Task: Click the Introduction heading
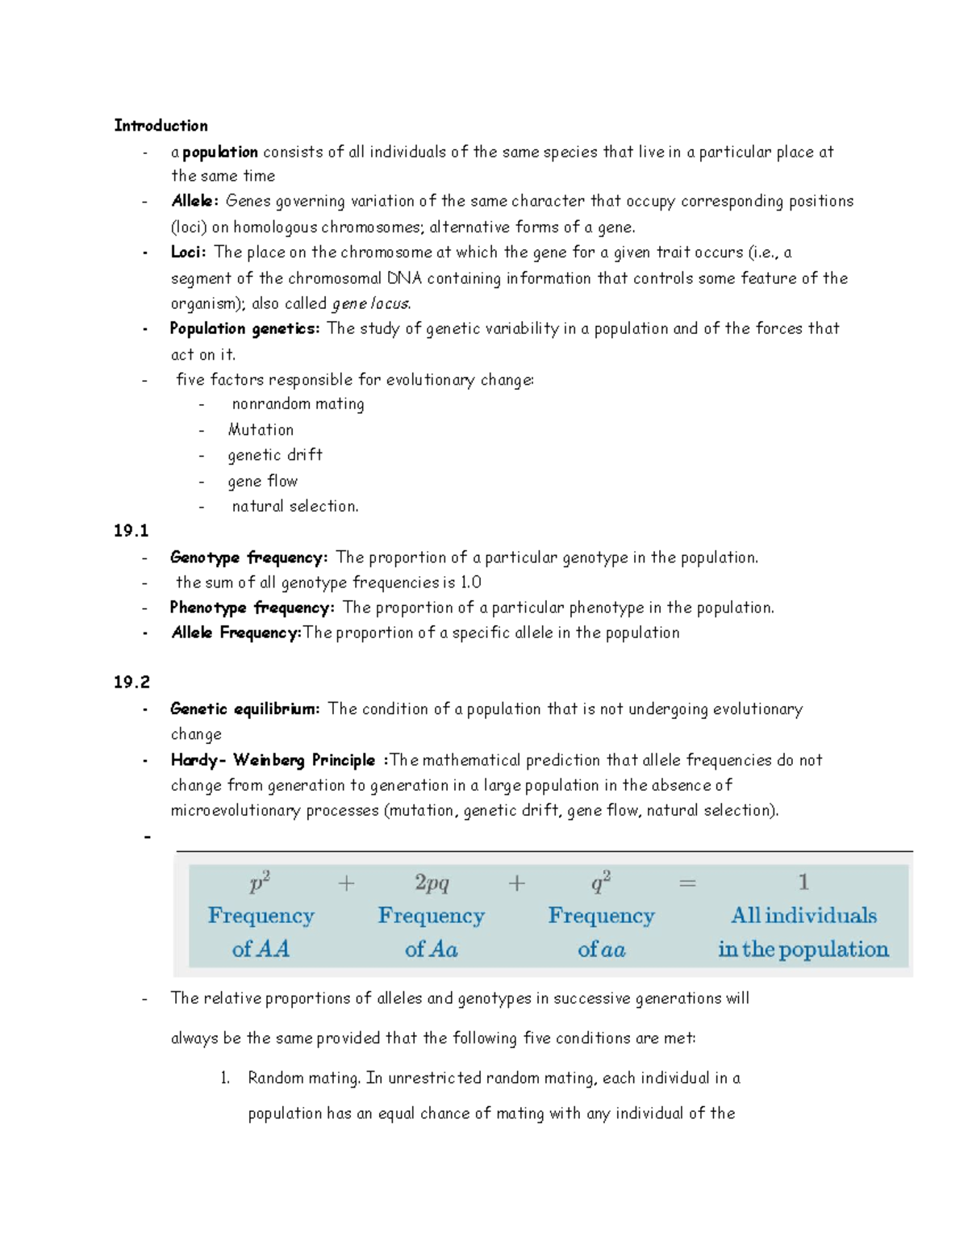[x=161, y=126]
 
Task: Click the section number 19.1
[x=131, y=531]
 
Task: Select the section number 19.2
[x=131, y=683]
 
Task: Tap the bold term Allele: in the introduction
[x=194, y=201]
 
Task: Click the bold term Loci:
[x=188, y=253]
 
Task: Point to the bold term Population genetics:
[x=244, y=328]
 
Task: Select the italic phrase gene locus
[x=371, y=304]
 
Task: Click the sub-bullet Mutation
[x=261, y=430]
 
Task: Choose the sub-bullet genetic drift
[x=275, y=455]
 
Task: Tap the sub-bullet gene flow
[x=262, y=482]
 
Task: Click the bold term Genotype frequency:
[x=248, y=558]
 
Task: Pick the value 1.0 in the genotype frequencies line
[x=470, y=583]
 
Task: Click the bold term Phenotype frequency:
[x=252, y=608]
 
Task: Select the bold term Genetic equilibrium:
[x=244, y=709]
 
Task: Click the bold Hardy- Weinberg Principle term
[x=273, y=760]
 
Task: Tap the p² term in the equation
[x=260, y=882]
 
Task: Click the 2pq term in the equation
[x=432, y=883]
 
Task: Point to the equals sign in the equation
[x=687, y=883]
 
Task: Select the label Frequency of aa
[x=601, y=933]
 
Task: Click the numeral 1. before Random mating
[x=225, y=1079]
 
